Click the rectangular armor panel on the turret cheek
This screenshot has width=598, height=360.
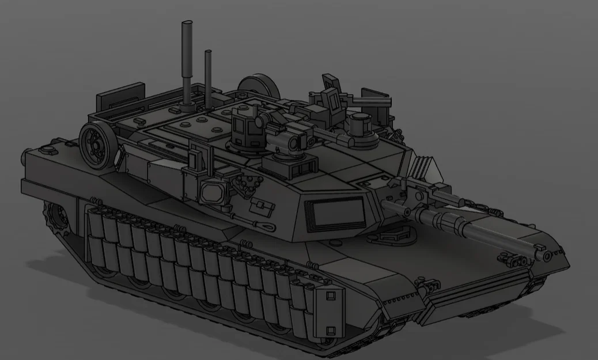338,211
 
